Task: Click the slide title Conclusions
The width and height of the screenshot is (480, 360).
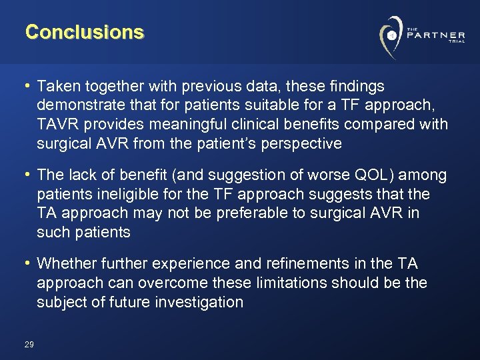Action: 85,32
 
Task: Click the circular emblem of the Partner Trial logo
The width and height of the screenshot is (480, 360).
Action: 391,35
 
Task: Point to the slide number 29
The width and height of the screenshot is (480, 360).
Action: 29,344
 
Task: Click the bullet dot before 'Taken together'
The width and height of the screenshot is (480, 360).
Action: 28,87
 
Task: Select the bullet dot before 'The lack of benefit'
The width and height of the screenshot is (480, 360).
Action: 28,175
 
